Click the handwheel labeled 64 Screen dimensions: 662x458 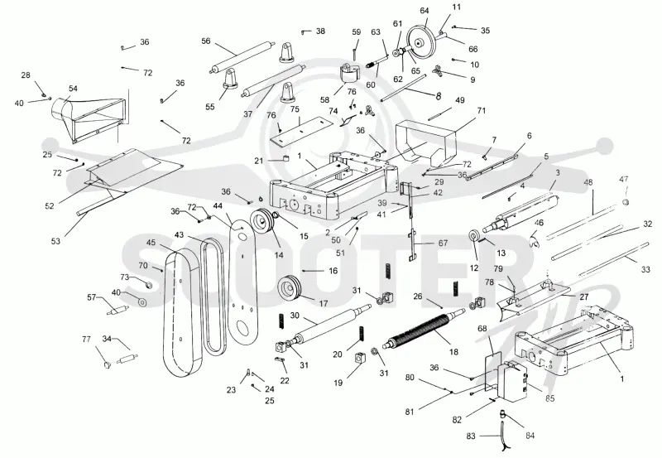click(x=420, y=41)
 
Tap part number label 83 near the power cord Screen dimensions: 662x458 click(x=471, y=436)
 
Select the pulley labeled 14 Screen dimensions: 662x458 click(x=261, y=220)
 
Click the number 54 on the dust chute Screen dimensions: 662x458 click(x=73, y=89)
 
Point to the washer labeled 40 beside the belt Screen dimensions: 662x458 click(x=142, y=302)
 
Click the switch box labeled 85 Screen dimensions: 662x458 click(x=512, y=381)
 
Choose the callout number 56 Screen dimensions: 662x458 click(x=205, y=41)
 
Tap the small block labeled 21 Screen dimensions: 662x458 click(x=285, y=159)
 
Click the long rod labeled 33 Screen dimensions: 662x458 click(x=600, y=253)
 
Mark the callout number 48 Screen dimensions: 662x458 click(x=588, y=182)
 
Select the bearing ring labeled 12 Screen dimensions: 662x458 click(x=474, y=236)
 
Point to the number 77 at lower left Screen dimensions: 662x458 click(x=86, y=339)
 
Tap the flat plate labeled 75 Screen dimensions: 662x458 click(x=300, y=131)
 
